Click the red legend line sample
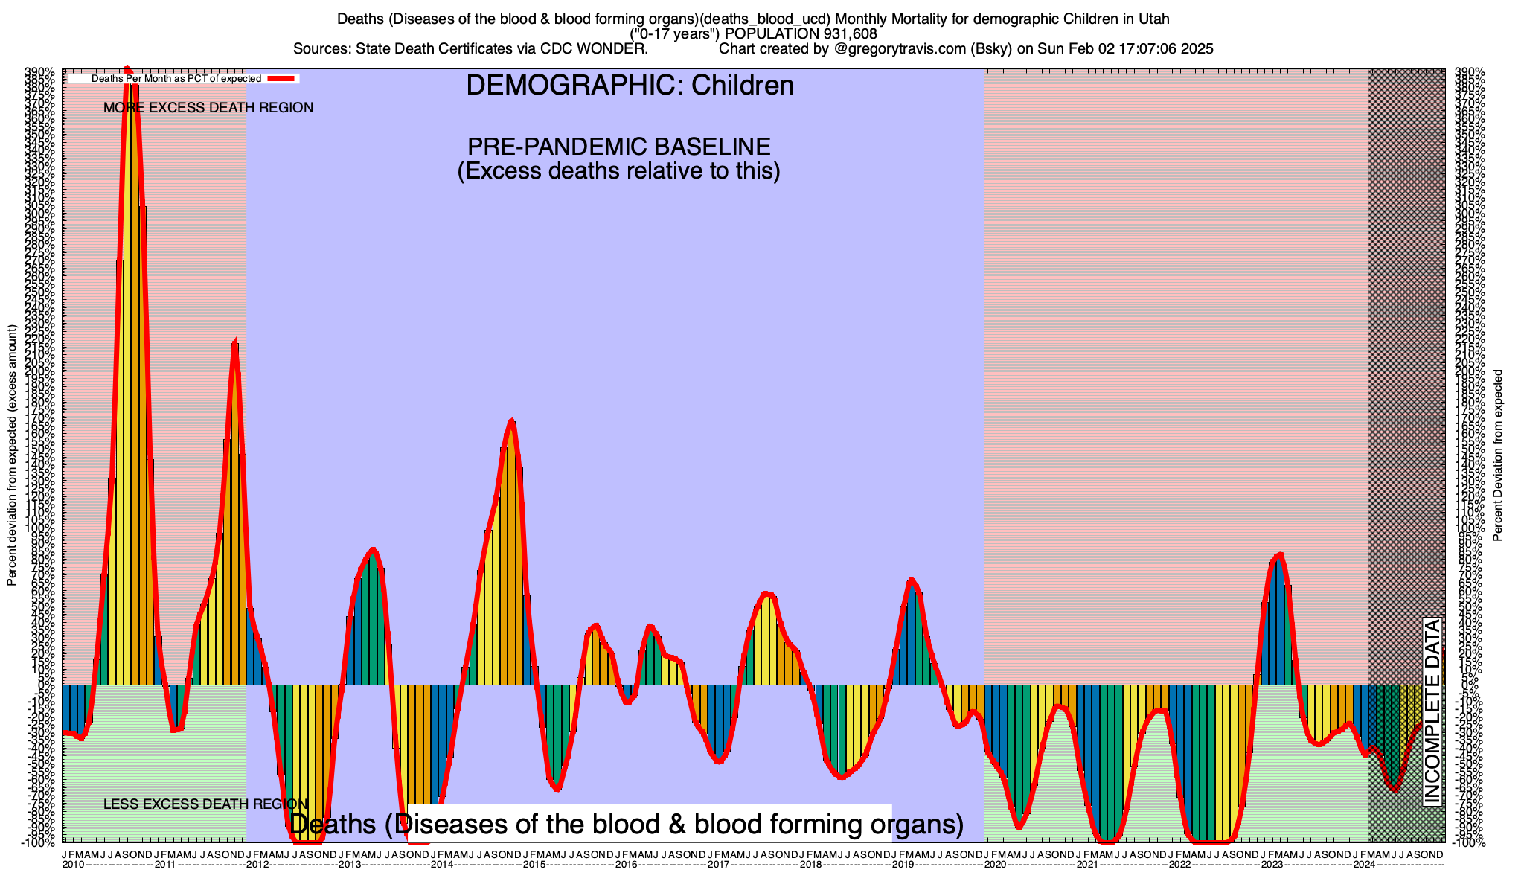tap(282, 78)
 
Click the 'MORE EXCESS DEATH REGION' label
tap(208, 108)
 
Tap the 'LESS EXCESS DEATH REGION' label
tap(205, 804)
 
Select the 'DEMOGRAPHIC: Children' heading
tap(630, 86)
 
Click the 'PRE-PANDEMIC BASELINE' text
tap(618, 146)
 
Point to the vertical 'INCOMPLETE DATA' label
tap(1432, 711)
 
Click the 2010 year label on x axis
tap(73, 865)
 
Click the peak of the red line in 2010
tap(127, 68)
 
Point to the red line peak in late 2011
tap(235, 342)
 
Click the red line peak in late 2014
tap(511, 421)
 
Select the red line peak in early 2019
tap(911, 580)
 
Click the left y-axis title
tap(12, 455)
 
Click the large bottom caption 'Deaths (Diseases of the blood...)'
tap(626, 825)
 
